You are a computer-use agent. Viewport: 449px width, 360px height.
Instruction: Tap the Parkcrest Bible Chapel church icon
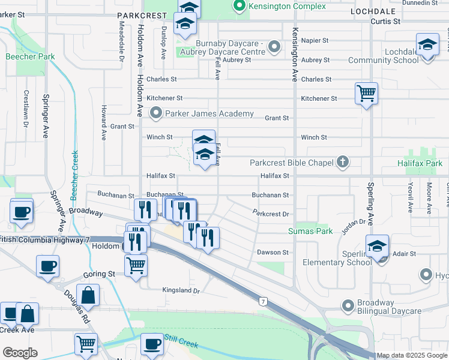click(342, 162)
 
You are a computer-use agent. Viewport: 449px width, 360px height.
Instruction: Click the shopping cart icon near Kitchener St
click(366, 94)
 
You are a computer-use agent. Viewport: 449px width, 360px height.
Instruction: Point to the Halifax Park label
click(420, 163)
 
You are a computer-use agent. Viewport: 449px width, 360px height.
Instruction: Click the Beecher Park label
click(30, 57)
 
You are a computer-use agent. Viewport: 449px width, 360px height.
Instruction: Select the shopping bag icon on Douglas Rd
click(88, 295)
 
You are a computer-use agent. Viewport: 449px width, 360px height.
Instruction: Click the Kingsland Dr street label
click(181, 290)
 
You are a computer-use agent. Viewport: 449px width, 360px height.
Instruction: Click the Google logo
click(20, 353)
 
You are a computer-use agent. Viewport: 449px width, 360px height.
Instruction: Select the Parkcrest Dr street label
click(271, 214)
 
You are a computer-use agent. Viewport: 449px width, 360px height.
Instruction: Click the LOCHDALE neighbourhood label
click(375, 11)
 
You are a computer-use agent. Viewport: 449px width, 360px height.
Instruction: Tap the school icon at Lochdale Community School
click(427, 46)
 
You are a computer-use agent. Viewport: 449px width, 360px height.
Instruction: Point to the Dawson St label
click(273, 253)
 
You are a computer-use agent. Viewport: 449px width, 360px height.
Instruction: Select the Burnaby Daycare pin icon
click(275, 46)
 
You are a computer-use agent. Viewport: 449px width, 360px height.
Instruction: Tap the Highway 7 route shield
click(263, 299)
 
